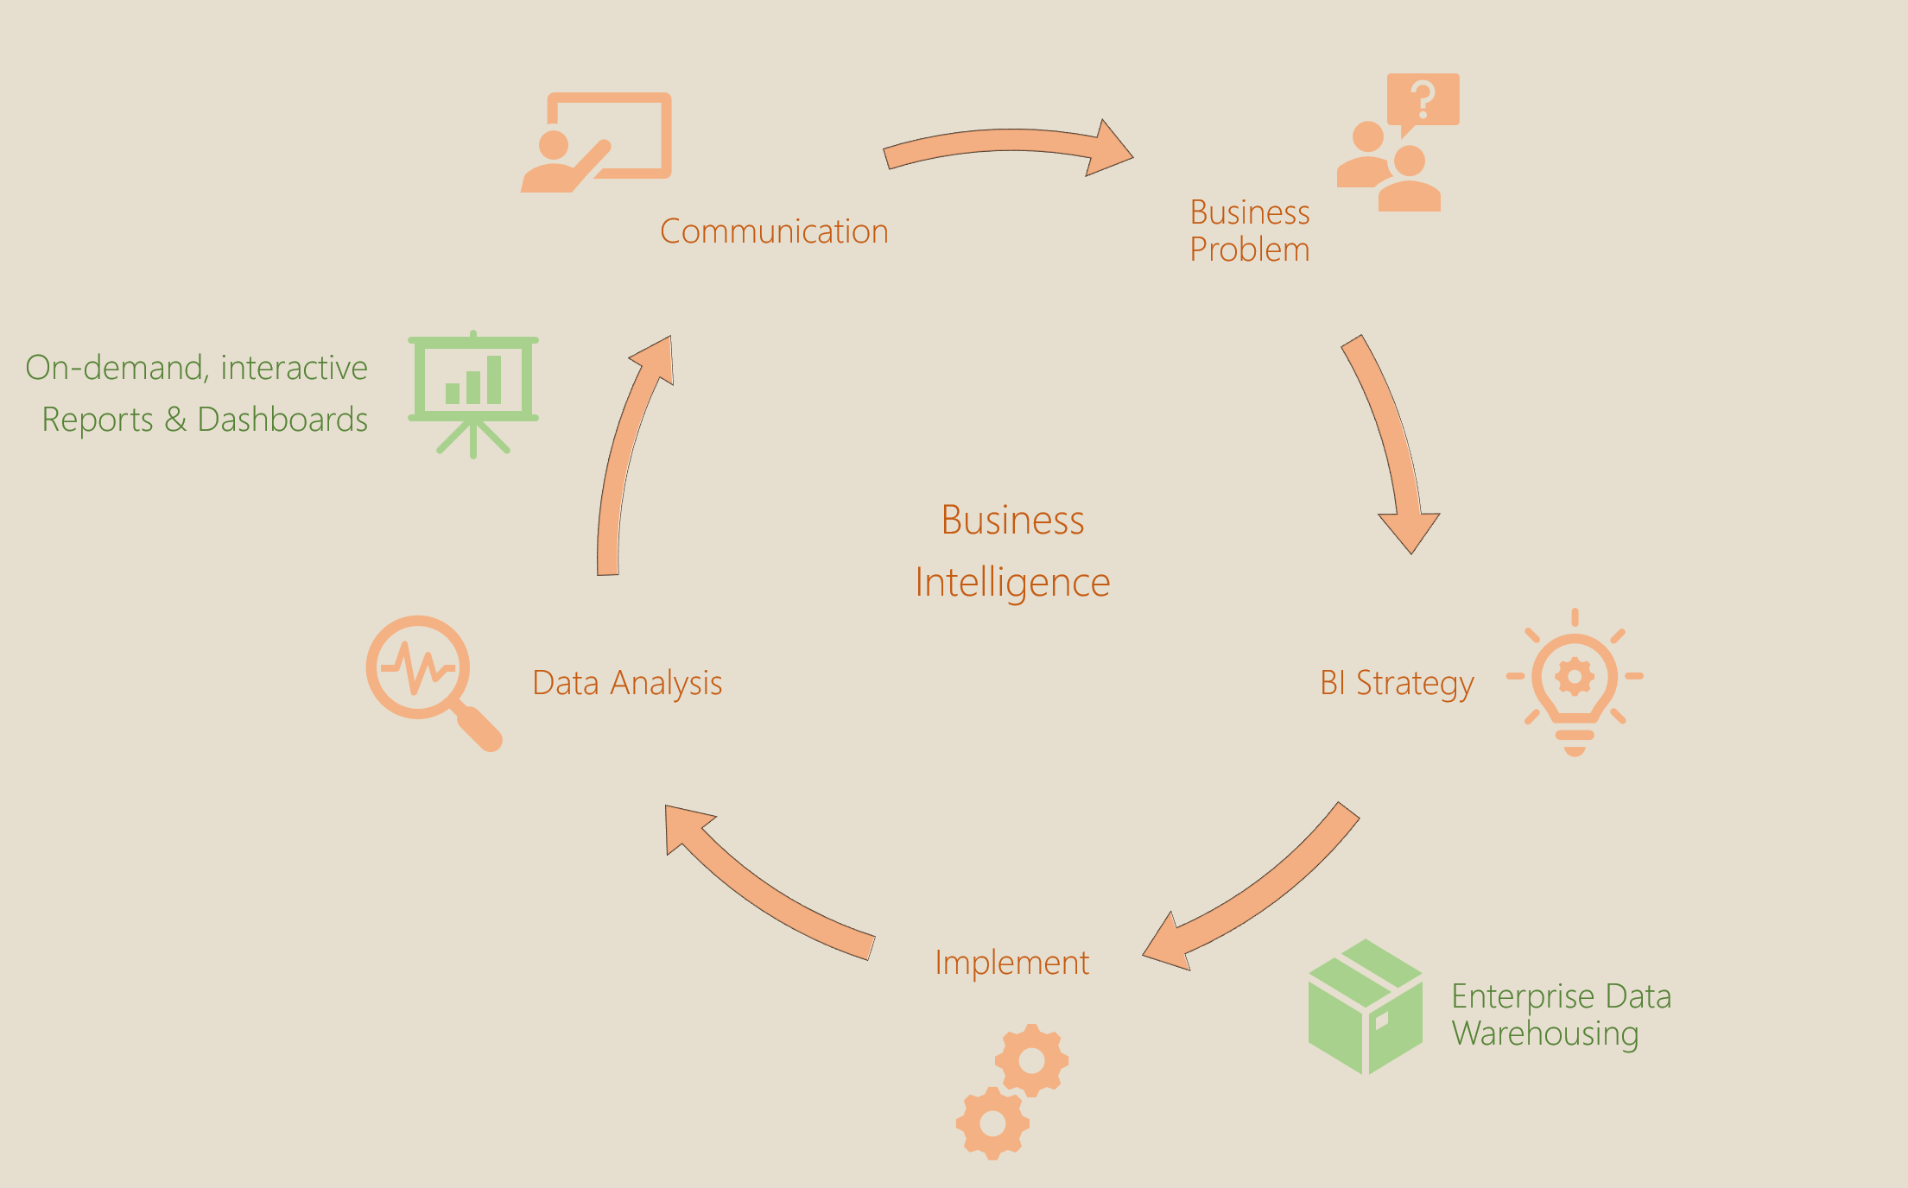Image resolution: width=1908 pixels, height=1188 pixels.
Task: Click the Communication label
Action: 774,231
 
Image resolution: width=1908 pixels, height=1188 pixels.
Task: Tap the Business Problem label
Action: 1249,231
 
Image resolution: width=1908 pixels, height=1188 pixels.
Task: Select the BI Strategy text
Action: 1397,683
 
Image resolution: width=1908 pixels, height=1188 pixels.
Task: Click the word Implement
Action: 1011,963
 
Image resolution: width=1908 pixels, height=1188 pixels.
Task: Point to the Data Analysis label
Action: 627,683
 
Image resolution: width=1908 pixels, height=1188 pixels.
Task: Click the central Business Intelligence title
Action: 1012,551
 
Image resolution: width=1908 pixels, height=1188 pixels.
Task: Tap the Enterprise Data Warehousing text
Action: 1561,1014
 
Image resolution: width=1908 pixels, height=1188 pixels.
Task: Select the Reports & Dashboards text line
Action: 205,420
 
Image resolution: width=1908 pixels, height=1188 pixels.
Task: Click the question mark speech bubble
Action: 1423,100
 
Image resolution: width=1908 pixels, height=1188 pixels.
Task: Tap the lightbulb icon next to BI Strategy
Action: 1575,682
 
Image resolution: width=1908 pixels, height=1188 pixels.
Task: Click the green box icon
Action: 1366,1007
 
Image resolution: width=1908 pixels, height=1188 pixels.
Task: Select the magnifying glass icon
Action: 432,681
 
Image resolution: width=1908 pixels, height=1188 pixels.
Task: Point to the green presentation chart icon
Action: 473,393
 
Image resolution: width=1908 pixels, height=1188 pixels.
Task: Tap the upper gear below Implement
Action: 1032,1060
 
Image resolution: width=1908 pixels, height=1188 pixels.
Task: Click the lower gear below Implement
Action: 992,1123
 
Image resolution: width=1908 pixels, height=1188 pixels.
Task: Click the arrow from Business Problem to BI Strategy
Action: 1391,440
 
